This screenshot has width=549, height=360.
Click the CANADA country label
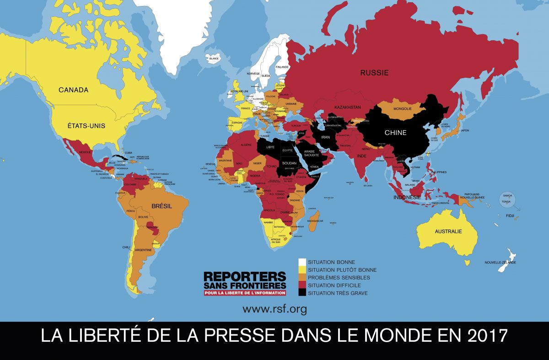click(73, 90)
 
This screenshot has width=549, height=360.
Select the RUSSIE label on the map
click(374, 72)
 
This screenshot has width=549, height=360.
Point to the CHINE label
click(395, 133)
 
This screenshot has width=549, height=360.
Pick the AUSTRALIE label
click(448, 231)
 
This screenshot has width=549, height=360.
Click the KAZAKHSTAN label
click(348, 107)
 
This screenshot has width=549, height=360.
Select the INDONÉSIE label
click(407, 198)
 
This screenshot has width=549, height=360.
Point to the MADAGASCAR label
click(314, 221)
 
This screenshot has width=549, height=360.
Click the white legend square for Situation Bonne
click(302, 262)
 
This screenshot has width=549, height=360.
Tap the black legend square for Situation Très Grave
click(302, 293)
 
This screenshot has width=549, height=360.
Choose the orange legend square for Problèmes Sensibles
click(302, 278)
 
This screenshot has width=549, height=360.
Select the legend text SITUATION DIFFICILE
click(334, 285)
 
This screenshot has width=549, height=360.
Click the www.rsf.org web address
click(274, 309)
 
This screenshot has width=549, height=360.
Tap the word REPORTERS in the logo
click(245, 277)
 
